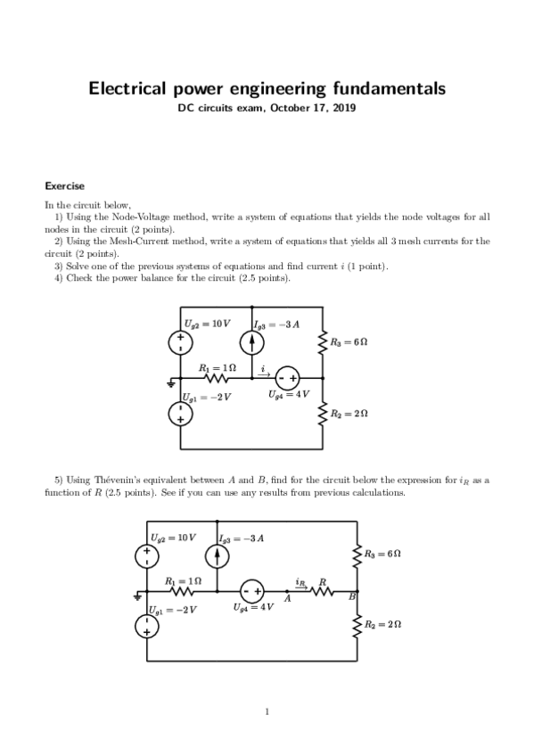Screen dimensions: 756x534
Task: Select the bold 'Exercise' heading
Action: coord(64,186)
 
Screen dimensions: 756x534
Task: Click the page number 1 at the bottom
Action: coord(267,711)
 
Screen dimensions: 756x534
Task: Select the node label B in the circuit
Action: coord(351,596)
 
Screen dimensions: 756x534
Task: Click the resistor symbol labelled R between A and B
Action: coord(323,591)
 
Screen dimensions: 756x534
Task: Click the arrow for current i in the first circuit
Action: coord(264,372)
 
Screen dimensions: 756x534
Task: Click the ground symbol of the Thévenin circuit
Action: coord(138,596)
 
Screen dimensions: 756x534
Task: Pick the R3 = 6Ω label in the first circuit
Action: coord(349,342)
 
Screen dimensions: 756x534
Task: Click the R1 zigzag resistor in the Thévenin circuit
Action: coord(181,591)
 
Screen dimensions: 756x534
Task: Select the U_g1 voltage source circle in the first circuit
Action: coord(179,413)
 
